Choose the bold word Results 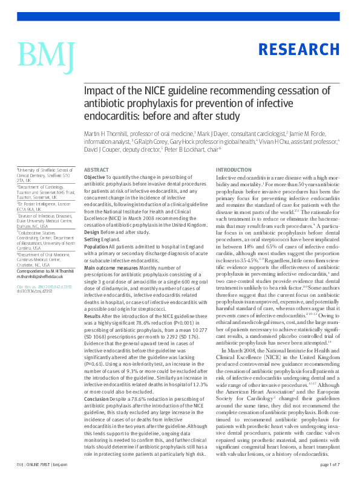coord(93,316)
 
